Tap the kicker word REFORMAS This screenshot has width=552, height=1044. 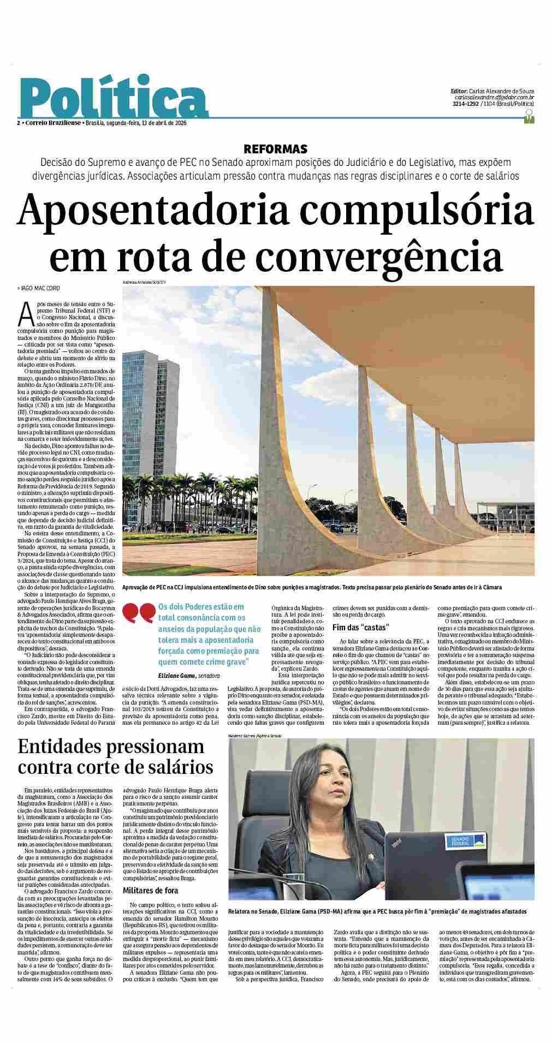[275, 149]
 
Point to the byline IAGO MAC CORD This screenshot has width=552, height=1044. [39, 288]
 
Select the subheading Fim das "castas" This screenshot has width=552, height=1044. [360, 626]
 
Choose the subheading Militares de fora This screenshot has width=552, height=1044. [150, 891]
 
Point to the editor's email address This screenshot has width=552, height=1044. [495, 97]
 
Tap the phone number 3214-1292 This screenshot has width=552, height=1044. [466, 104]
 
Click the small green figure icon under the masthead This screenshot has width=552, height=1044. [529, 117]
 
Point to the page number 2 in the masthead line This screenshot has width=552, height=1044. [18, 123]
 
